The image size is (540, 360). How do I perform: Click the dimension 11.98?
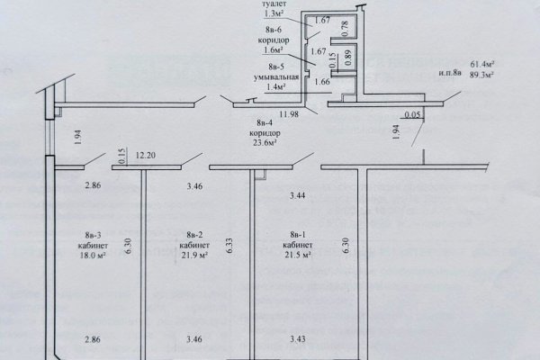(x=289, y=114)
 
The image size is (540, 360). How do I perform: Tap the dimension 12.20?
(x=145, y=156)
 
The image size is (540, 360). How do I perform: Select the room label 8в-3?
(x=93, y=236)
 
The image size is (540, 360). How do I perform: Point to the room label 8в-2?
(x=194, y=235)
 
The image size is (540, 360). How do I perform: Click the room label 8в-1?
(x=298, y=235)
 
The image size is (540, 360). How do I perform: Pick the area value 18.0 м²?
(x=93, y=256)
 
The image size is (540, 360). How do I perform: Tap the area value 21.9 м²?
(x=194, y=256)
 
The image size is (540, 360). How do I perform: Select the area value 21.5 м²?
(x=298, y=256)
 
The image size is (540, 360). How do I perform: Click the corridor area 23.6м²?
(x=265, y=142)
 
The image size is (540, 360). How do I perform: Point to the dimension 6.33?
(x=230, y=246)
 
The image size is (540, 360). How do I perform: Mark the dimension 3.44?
(x=298, y=195)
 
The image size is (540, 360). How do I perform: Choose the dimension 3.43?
(x=298, y=339)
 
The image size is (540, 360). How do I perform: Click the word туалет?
(x=274, y=4)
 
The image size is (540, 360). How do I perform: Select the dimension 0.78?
(x=346, y=29)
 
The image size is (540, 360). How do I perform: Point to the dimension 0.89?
(x=347, y=58)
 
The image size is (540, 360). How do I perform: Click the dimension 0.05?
(x=412, y=114)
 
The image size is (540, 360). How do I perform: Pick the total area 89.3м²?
(x=482, y=75)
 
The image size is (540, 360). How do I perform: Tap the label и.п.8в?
(x=450, y=73)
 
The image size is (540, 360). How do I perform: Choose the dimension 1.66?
(x=322, y=82)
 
